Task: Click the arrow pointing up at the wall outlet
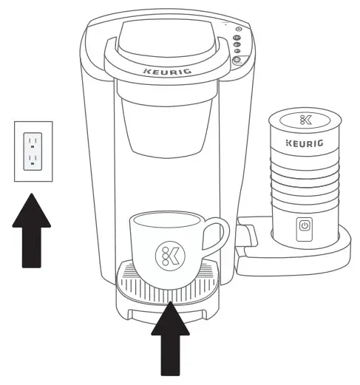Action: tap(32, 229)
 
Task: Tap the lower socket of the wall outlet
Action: tap(32, 159)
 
